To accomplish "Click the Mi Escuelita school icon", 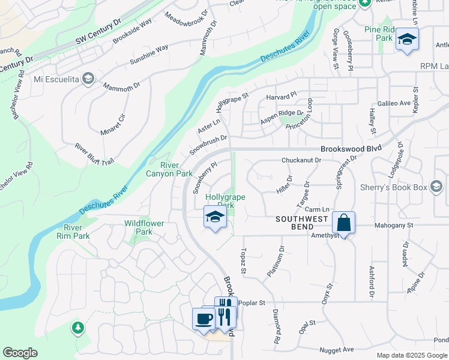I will [x=88, y=79].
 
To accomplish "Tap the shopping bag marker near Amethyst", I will [x=344, y=223].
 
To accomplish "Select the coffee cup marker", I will [x=203, y=318].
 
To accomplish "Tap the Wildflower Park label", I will [x=143, y=227].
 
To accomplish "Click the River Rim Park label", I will [x=77, y=232].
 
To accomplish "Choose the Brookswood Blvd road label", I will [x=351, y=149].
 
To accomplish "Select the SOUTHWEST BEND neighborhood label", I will [x=302, y=223].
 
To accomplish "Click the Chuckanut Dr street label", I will [x=302, y=160].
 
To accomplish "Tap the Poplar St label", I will [x=252, y=303].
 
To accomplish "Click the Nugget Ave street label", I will [x=336, y=349].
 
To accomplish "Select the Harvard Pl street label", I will [x=282, y=95].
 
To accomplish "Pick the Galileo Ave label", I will [x=396, y=103].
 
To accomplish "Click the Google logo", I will [x=20, y=353].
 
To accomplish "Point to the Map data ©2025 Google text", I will [x=411, y=355].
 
